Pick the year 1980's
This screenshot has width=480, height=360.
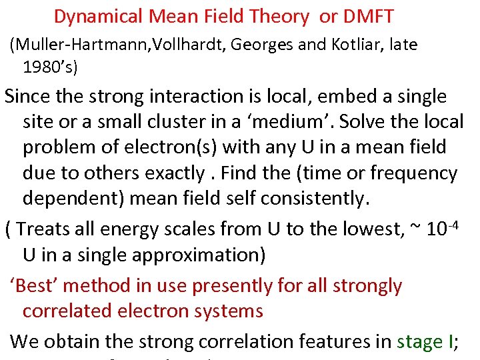51,67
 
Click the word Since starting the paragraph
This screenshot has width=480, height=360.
31,97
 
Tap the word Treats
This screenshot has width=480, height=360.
47,229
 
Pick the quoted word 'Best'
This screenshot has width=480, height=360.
37,286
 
